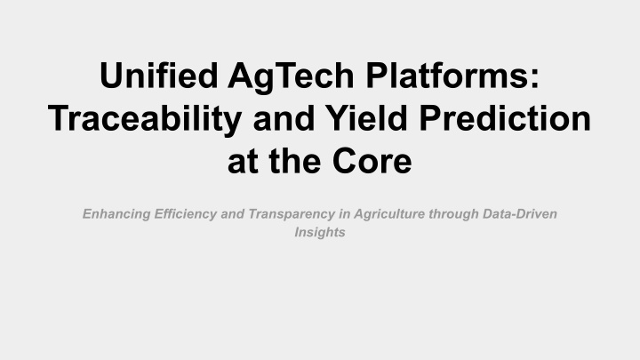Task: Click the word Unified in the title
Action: click(159, 76)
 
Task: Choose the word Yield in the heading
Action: click(366, 118)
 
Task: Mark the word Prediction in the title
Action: click(505, 118)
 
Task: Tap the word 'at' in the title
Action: click(243, 162)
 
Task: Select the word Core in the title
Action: click(372, 160)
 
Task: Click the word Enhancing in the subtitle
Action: click(116, 215)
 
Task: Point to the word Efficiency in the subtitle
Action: click(185, 215)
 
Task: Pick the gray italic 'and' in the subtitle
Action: click(232, 214)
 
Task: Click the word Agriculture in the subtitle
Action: click(389, 215)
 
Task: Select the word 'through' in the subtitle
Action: click(453, 215)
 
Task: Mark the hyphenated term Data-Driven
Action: click(520, 214)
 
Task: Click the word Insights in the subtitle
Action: click(320, 233)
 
